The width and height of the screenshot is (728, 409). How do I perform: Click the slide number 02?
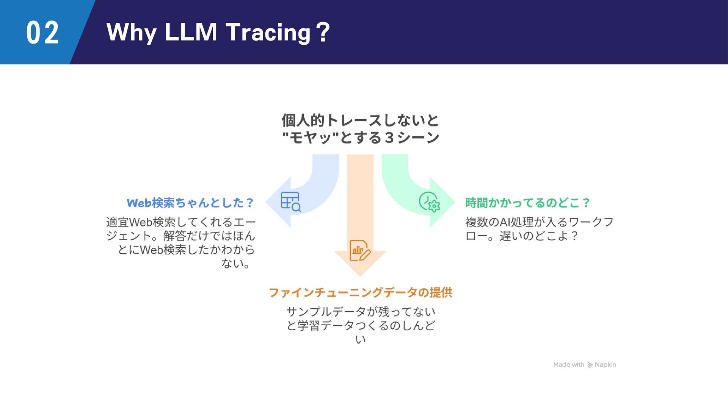[x=42, y=33]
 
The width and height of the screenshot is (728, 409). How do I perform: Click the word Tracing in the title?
[x=268, y=33]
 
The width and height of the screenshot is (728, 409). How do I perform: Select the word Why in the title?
[x=131, y=33]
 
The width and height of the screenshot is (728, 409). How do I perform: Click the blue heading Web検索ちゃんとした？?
[x=190, y=203]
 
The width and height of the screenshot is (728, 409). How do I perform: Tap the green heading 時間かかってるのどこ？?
[x=527, y=203]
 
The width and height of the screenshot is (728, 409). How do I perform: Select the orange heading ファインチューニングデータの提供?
[x=360, y=292]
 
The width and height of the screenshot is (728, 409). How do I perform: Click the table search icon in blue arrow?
[x=291, y=202]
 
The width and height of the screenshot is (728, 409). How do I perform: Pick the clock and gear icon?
[x=429, y=202]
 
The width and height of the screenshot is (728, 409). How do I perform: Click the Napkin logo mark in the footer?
[x=590, y=365]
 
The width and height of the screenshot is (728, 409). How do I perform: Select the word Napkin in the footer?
[x=605, y=365]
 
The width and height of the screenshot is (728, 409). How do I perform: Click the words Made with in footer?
[x=569, y=365]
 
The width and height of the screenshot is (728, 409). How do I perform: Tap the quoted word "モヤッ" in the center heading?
[x=311, y=137]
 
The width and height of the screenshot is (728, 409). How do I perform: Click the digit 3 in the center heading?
[x=389, y=137]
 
